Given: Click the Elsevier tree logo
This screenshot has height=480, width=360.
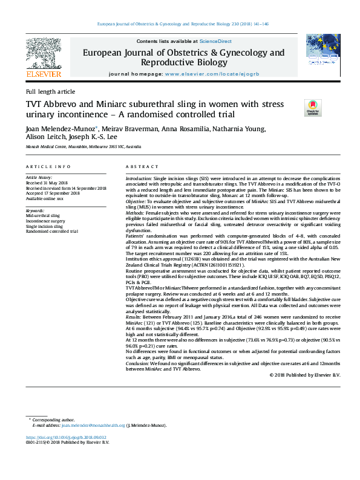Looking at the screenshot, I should (x=44, y=53).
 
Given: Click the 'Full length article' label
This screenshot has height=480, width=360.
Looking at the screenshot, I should (x=50, y=91).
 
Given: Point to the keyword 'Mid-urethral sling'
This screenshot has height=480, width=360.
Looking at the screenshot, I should (x=42, y=215).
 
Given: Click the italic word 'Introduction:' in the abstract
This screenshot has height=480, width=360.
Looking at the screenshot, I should (x=139, y=180).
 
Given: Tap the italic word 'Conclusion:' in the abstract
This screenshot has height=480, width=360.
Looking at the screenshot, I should (x=139, y=363).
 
